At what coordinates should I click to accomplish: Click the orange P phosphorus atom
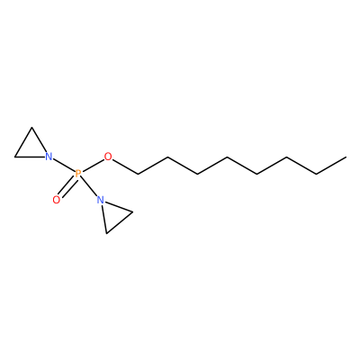(78, 174)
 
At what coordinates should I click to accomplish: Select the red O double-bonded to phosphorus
(57, 200)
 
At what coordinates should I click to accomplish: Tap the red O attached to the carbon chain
(108, 157)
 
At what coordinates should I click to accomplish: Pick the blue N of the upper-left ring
(49, 157)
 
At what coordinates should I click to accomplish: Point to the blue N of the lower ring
(101, 200)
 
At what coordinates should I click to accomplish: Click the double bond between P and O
(67, 186)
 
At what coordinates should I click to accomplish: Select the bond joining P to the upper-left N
(64, 166)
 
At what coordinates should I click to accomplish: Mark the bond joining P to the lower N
(89, 186)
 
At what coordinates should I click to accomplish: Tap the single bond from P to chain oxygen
(93, 166)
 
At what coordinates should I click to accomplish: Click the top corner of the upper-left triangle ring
(31, 128)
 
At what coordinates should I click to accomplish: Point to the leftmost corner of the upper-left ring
(15, 157)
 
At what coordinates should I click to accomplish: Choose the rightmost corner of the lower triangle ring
(132, 212)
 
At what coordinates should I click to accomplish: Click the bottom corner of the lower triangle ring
(106, 233)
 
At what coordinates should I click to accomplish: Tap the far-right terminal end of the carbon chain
(346, 157)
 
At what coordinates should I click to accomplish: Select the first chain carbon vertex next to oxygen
(138, 174)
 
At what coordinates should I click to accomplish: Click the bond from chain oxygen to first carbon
(125, 166)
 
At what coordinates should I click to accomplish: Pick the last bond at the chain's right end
(331, 166)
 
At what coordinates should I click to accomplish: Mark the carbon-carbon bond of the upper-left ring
(23, 142)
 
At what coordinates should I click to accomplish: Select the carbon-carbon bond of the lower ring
(120, 222)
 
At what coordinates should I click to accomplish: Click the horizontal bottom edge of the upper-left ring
(30, 157)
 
